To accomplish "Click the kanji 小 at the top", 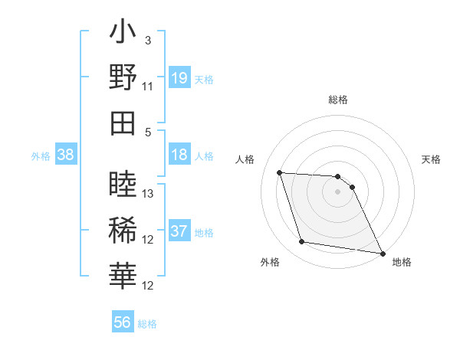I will pyautogui.click(x=123, y=35).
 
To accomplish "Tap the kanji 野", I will pyautogui.click(x=123, y=78).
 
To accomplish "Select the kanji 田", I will pyautogui.click(x=123, y=123).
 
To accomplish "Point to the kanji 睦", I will pyautogui.click(x=123, y=185).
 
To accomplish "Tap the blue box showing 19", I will pyautogui.click(x=179, y=77).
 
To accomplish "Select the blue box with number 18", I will pyautogui.click(x=179, y=155).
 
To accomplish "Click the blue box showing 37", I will pyautogui.click(x=179, y=232).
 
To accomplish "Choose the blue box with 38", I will pyautogui.click(x=65, y=155).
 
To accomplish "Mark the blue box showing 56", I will pyautogui.click(x=123, y=322).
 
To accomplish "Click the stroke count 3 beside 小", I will pyautogui.click(x=148, y=40).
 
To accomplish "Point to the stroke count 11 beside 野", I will pyautogui.click(x=148, y=86).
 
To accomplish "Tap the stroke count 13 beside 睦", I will pyautogui.click(x=149, y=193).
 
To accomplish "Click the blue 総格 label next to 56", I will pyautogui.click(x=147, y=324).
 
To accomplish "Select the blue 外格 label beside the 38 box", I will pyautogui.click(x=41, y=156).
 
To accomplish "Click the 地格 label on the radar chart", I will pyautogui.click(x=402, y=262).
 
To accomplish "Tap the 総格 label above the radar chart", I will pyautogui.click(x=338, y=100).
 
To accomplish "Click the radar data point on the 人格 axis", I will pyautogui.click(x=280, y=172).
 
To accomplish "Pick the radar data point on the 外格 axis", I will pyautogui.click(x=302, y=242).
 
